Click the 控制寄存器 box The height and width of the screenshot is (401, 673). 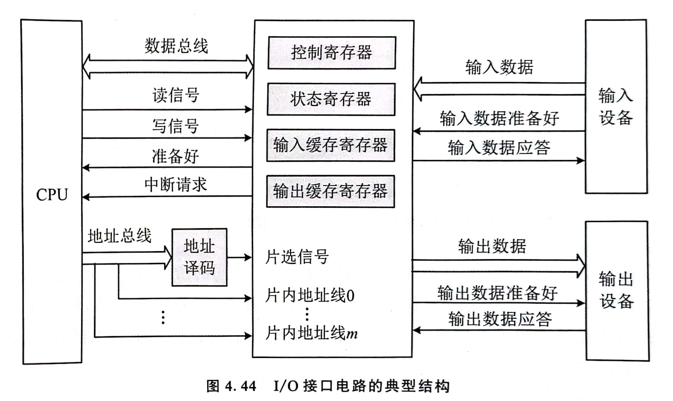pyautogui.click(x=332, y=53)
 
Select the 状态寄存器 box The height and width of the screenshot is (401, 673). pyautogui.click(x=331, y=99)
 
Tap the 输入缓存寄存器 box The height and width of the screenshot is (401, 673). pyautogui.click(x=331, y=145)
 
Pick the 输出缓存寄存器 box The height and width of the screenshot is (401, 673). pyautogui.click(x=330, y=191)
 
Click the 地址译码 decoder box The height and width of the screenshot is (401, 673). pyautogui.click(x=199, y=257)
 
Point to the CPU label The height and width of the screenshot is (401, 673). pyautogui.click(x=52, y=195)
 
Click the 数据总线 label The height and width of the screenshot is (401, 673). pyautogui.click(x=176, y=46)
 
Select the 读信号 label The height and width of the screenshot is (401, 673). pyautogui.click(x=176, y=95)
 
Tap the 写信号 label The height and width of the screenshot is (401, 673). pyautogui.click(x=176, y=126)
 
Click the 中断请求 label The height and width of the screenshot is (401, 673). pyautogui.click(x=176, y=184)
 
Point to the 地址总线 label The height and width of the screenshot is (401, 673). pyautogui.click(x=119, y=236)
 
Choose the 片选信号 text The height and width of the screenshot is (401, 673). pyautogui.click(x=297, y=257)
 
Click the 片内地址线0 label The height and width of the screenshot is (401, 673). pyautogui.click(x=310, y=295)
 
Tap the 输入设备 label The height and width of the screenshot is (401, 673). pyautogui.click(x=616, y=106)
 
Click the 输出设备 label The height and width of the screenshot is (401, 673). pyautogui.click(x=617, y=290)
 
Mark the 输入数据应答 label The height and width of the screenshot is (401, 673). pyautogui.click(x=499, y=148)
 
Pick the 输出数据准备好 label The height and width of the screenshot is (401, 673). pyautogui.click(x=497, y=293)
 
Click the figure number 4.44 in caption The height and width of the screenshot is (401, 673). pyautogui.click(x=240, y=386)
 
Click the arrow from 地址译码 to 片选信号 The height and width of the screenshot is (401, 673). pyautogui.click(x=239, y=257)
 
